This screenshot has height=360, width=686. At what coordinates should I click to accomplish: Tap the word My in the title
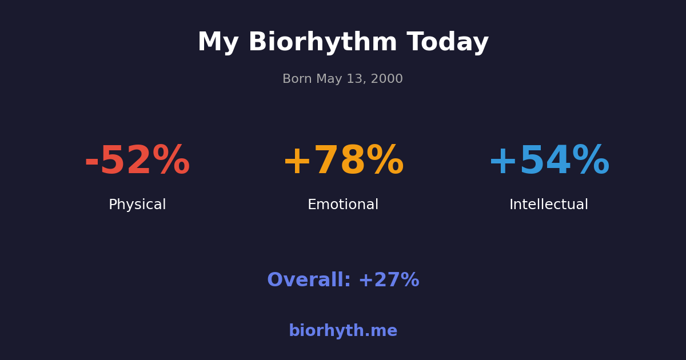click(218, 43)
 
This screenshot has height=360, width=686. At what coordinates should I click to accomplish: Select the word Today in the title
click(448, 43)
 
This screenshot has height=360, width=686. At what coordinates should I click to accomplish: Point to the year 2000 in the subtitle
click(388, 79)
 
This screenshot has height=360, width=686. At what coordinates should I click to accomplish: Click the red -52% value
click(137, 161)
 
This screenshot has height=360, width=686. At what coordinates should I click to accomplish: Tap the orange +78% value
click(343, 161)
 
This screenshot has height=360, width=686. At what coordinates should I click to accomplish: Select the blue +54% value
click(549, 161)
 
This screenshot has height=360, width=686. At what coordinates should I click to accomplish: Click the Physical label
click(137, 205)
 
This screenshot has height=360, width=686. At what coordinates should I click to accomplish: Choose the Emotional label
click(343, 205)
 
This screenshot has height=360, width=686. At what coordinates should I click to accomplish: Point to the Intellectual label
click(549, 205)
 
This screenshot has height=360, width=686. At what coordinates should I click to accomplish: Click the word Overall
click(309, 281)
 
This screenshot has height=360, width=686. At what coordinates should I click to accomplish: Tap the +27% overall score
click(389, 281)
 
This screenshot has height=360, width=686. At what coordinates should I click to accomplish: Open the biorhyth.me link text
click(343, 331)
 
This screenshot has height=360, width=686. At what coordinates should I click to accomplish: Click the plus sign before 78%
click(297, 162)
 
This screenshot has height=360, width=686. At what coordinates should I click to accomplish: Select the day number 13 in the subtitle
click(356, 79)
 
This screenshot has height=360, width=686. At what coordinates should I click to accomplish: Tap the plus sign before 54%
click(502, 162)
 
